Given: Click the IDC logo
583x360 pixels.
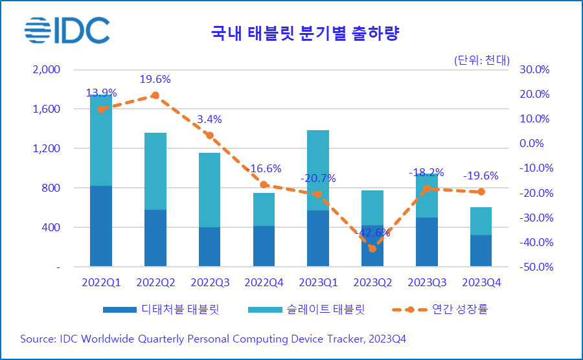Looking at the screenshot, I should pyautogui.click(x=67, y=30).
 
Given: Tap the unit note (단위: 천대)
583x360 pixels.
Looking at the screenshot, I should pyautogui.click(x=481, y=60).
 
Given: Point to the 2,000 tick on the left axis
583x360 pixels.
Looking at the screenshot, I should pyautogui.click(x=46, y=69).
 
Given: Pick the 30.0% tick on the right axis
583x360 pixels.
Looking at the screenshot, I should pyautogui.click(x=536, y=69).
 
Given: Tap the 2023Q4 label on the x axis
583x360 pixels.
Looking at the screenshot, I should pyautogui.click(x=481, y=283).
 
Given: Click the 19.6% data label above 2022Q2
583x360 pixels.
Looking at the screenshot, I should pyautogui.click(x=155, y=80).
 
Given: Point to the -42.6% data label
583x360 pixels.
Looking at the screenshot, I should pyautogui.click(x=372, y=232).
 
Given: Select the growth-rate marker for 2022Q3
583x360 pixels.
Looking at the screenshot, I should pyautogui.click(x=209, y=135).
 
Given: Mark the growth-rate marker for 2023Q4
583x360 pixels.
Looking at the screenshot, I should pyautogui.click(x=481, y=192).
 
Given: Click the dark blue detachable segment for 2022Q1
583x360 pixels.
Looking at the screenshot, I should pyautogui.click(x=101, y=226).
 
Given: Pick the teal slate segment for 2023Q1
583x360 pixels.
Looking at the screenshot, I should pyautogui.click(x=318, y=170).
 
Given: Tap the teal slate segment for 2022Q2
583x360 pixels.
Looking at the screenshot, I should pyautogui.click(x=155, y=171).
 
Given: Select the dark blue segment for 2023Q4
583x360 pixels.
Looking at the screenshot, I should pyautogui.click(x=481, y=251).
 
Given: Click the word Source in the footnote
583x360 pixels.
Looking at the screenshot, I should pyautogui.click(x=38, y=339).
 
